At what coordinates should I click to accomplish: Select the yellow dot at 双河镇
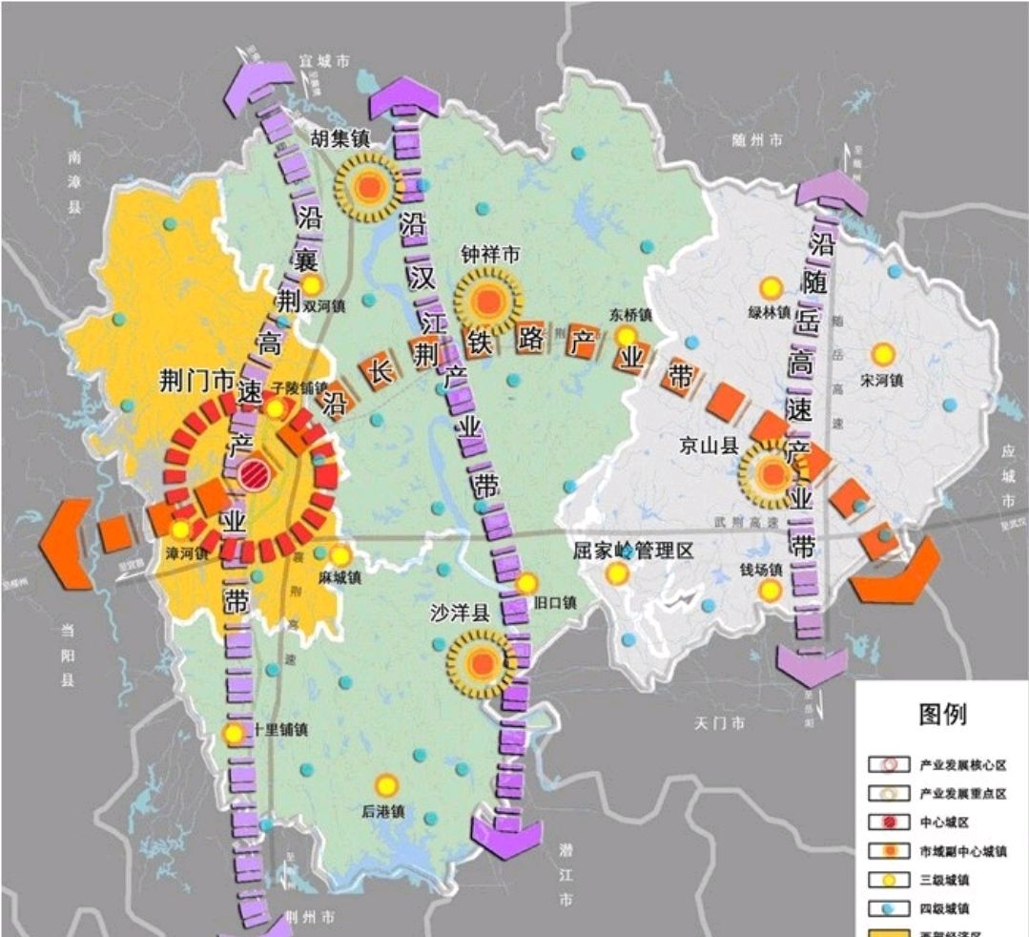click(312, 285)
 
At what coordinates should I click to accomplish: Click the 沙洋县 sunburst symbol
click(484, 661)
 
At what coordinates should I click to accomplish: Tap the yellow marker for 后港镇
click(385, 784)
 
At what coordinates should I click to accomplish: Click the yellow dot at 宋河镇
click(883, 354)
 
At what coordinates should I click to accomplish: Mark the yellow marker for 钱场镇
click(770, 592)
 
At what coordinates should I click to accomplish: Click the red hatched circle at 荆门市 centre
click(255, 474)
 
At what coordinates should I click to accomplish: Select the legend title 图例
click(941, 713)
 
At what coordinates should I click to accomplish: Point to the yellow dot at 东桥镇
click(626, 336)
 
